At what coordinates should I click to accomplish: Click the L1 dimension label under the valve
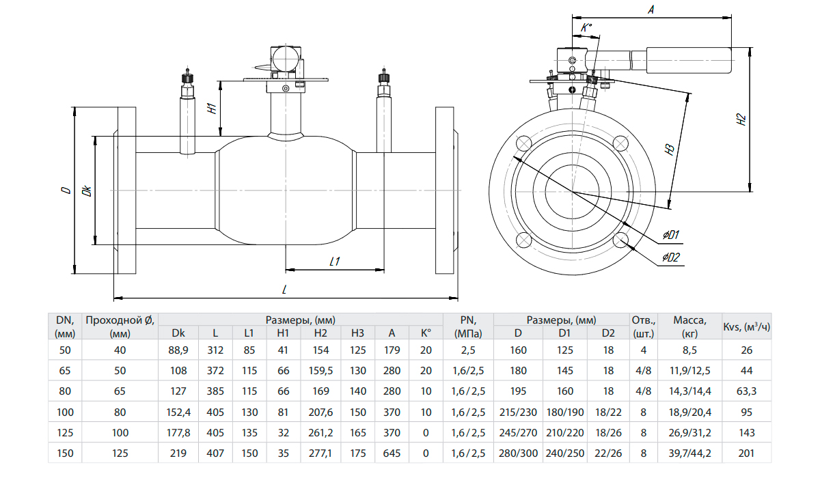coord(335,261)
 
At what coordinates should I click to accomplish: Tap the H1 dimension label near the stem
coord(213,108)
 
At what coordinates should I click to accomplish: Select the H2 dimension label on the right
coord(741,121)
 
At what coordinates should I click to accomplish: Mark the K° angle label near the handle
coord(586,28)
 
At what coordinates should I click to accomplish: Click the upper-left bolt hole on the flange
coord(524,143)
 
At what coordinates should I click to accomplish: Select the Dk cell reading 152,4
coord(178,413)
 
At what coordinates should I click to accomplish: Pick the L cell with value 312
coord(215,350)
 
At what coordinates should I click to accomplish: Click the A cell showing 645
coord(392,453)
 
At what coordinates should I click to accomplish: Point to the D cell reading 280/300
coord(517,453)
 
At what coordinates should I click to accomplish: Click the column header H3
coord(357,333)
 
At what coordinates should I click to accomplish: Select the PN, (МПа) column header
coord(467,326)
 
